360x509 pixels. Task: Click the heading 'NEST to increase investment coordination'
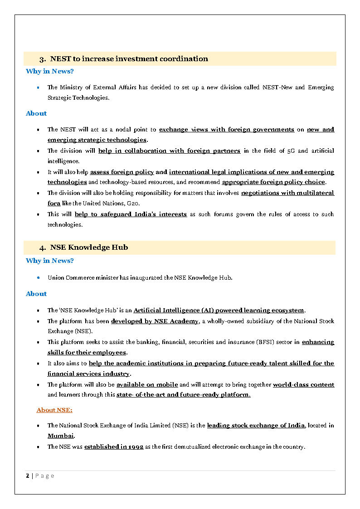point(129,59)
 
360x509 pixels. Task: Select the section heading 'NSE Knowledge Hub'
point(89,247)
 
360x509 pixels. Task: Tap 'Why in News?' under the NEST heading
point(50,71)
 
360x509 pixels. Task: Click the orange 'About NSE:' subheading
point(54,410)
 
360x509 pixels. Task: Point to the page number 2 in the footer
point(28,475)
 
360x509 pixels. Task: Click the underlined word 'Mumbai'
point(61,436)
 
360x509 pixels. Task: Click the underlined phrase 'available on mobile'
point(147,384)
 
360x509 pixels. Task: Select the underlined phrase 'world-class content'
point(303,384)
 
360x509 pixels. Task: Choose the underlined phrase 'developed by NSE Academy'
point(155,321)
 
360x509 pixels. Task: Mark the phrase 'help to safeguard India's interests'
point(131,214)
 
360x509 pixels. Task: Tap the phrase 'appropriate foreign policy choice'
point(273,182)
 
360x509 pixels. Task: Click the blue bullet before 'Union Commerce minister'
point(39,277)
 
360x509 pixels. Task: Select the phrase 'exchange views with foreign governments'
point(226,129)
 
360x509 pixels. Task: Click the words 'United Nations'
point(122,204)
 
